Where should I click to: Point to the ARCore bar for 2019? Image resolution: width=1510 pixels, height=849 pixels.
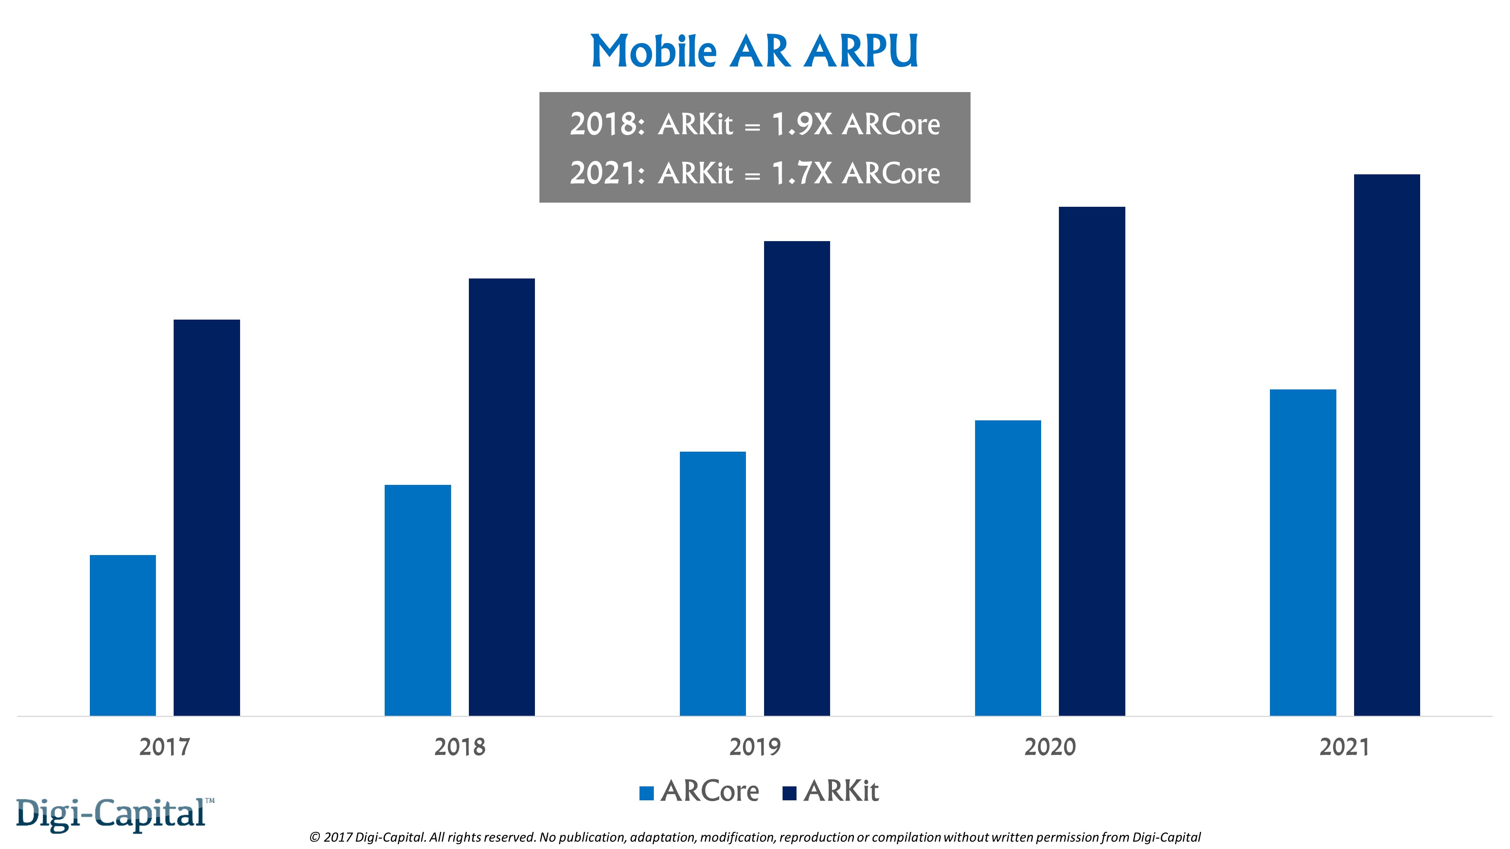coord(713,584)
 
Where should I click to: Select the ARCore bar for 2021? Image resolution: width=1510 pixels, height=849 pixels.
coord(1303,552)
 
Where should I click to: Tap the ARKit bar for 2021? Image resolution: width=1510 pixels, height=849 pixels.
coord(1387,445)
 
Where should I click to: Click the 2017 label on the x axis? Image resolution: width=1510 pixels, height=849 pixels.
coord(165,747)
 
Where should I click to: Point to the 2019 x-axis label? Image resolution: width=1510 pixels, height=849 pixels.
coord(755,747)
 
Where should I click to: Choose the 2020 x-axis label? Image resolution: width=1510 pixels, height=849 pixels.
coord(1050,747)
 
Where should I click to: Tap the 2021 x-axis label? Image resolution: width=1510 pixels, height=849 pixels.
coord(1345,747)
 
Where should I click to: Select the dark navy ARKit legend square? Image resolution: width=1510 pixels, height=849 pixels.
coord(790,793)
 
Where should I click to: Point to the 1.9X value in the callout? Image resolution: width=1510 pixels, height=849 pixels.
coord(801,124)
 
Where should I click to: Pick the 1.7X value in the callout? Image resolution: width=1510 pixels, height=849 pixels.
coord(801,174)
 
